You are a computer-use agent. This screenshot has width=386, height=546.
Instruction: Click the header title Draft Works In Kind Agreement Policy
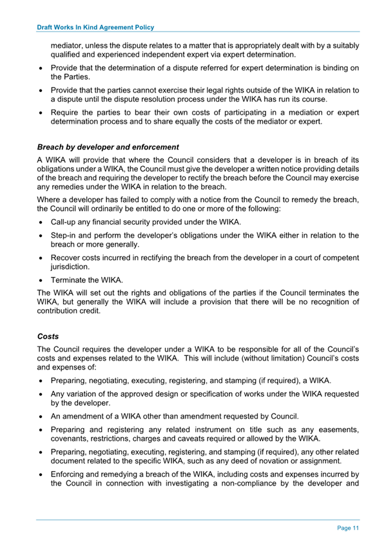tap(95, 28)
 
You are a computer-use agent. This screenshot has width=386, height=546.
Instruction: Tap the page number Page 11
tap(347, 528)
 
